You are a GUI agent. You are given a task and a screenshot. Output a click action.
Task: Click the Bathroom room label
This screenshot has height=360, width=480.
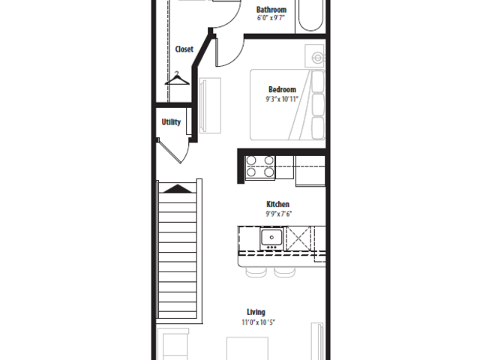[x=271, y=10]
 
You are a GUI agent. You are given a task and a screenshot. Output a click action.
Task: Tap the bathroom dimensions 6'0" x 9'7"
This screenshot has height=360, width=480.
[x=271, y=18]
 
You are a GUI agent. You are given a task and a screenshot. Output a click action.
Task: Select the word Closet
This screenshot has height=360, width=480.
[x=184, y=49]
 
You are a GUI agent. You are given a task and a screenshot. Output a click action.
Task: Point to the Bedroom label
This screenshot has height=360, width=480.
[x=282, y=89]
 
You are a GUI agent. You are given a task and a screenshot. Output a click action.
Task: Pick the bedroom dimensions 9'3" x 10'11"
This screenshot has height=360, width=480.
[x=282, y=99]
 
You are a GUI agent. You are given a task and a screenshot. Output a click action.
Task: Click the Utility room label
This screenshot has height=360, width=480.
[x=171, y=122]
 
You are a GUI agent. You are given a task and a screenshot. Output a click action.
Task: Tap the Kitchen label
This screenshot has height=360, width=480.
[x=278, y=204]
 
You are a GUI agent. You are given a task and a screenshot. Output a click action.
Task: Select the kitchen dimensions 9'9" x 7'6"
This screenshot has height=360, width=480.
[x=278, y=214]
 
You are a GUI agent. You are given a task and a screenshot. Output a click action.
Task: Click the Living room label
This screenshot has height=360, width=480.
[x=256, y=312]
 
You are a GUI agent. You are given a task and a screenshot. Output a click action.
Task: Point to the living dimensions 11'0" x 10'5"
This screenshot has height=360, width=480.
[x=258, y=322]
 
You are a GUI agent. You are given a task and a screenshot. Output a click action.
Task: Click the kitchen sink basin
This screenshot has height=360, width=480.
[x=271, y=237]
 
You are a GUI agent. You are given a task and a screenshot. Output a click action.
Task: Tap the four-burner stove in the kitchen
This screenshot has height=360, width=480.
[x=260, y=166]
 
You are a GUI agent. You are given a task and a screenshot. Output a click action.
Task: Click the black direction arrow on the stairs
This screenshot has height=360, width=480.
[x=178, y=188]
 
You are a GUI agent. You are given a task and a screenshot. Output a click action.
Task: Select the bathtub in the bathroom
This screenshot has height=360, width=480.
[x=310, y=15]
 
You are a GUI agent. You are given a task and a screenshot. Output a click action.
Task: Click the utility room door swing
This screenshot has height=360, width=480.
[x=173, y=151]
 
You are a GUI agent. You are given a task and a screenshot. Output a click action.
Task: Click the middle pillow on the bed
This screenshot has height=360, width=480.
[x=318, y=104]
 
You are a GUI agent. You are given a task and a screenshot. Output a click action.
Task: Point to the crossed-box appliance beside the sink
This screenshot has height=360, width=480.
[x=298, y=238]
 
